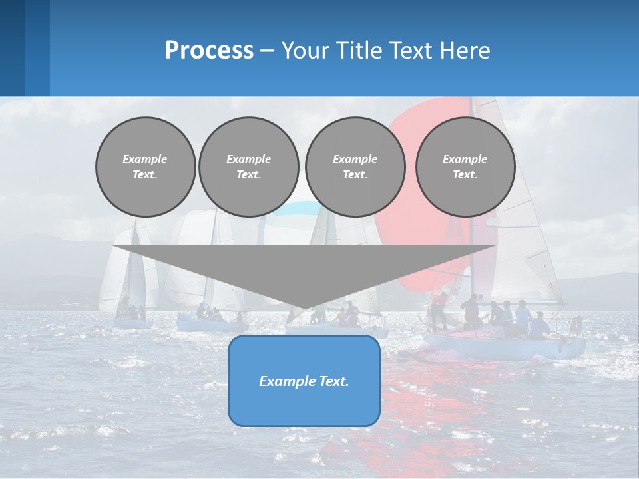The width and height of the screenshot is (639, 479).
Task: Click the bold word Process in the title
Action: coord(209,51)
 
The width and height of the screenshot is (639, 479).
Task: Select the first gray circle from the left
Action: coord(145,166)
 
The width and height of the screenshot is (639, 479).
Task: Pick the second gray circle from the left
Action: coord(248,166)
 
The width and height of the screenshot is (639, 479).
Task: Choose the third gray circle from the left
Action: coord(355,166)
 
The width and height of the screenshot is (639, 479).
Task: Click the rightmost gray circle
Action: coord(465,166)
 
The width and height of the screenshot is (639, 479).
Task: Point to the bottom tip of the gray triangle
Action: coord(304,309)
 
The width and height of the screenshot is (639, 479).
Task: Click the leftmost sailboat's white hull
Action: coord(132,323)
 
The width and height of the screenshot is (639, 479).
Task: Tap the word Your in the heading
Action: coord(306,51)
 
